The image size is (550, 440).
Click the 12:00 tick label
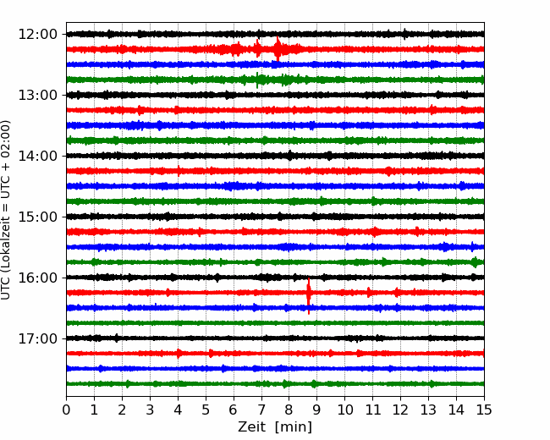[x=37, y=35]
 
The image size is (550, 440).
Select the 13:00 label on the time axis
[x=37, y=95]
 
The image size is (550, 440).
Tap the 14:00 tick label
[x=37, y=156]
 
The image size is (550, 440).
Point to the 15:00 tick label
[x=37, y=217]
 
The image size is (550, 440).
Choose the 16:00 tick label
[x=37, y=278]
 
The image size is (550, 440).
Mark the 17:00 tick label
[x=37, y=338]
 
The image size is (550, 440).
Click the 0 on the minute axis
[x=66, y=410]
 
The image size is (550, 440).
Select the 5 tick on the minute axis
[x=206, y=410]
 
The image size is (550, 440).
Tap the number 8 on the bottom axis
[x=289, y=410]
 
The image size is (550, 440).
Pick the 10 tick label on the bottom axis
[x=344, y=410]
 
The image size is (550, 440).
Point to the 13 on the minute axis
[x=428, y=410]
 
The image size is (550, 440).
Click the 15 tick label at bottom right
[x=484, y=410]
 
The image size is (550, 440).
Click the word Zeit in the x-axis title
[x=250, y=427]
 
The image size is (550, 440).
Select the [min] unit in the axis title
[x=294, y=427]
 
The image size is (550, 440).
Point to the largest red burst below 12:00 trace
[x=278, y=49]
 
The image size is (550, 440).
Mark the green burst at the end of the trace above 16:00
[x=476, y=262]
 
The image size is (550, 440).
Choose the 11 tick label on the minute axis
[x=372, y=410]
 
